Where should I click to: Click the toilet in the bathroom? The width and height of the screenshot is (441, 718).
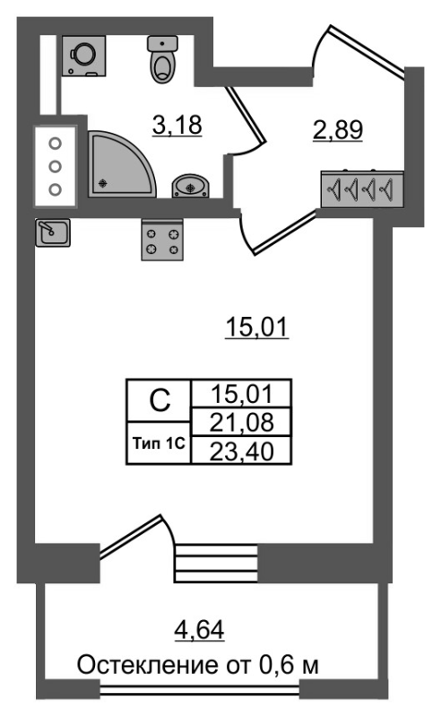click(x=162, y=59)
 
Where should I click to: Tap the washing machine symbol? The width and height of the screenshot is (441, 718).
click(x=84, y=56)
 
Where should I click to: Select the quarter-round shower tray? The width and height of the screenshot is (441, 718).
click(x=122, y=165)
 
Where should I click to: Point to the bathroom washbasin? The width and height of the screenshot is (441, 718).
click(x=191, y=186)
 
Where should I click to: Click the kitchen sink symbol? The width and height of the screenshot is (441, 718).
click(x=53, y=232)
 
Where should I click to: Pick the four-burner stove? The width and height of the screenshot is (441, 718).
click(x=162, y=241)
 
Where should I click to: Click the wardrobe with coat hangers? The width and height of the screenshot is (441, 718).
click(x=362, y=188)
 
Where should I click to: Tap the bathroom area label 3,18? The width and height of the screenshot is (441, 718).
click(x=177, y=125)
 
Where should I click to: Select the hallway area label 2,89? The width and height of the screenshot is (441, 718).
click(x=338, y=129)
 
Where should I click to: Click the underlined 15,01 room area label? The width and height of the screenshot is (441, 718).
click(x=256, y=328)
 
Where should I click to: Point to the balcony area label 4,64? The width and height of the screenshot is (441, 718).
click(x=200, y=630)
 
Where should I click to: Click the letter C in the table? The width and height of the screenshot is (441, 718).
click(x=160, y=400)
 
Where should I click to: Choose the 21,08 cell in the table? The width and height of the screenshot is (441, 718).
click(x=241, y=422)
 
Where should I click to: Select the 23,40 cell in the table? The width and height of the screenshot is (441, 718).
click(x=241, y=451)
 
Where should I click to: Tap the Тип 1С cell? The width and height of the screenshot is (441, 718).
click(x=159, y=443)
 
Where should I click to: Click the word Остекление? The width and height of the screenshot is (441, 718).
click(x=148, y=665)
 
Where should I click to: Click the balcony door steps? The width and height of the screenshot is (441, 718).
click(x=216, y=563)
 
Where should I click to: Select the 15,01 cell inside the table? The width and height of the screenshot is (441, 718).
click(x=241, y=393)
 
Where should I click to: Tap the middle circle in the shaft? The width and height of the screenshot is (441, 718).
click(x=55, y=166)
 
